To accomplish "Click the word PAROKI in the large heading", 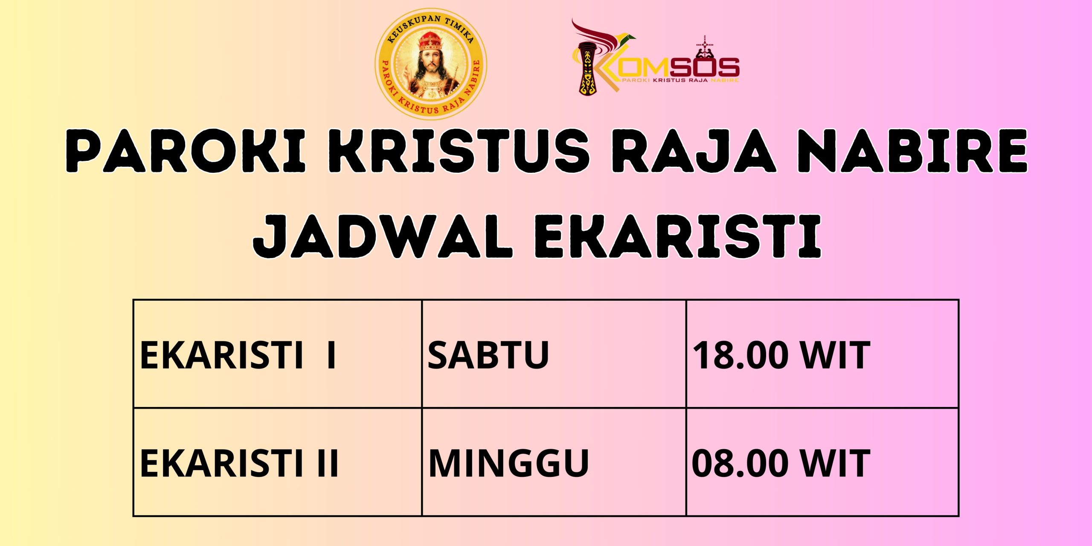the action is pyautogui.click(x=186, y=151).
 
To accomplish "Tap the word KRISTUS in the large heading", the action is pyautogui.click(x=459, y=151).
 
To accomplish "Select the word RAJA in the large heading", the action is pyautogui.click(x=693, y=151).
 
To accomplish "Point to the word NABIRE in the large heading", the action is pyautogui.click(x=913, y=151).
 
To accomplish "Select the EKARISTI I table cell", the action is pyautogui.click(x=277, y=354).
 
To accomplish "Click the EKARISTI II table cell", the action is pyautogui.click(x=277, y=462).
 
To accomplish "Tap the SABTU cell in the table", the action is pyautogui.click(x=554, y=354).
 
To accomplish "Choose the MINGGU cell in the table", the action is pyautogui.click(x=554, y=462).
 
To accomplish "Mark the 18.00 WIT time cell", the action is pyautogui.click(x=822, y=354).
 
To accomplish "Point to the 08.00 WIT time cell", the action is pyautogui.click(x=822, y=462).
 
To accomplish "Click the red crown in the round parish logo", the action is pyautogui.click(x=430, y=41).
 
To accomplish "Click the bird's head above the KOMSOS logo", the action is pyautogui.click(x=627, y=38).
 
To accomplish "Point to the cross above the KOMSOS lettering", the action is pyautogui.click(x=705, y=44).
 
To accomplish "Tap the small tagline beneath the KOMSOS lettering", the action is pyautogui.click(x=680, y=80).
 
